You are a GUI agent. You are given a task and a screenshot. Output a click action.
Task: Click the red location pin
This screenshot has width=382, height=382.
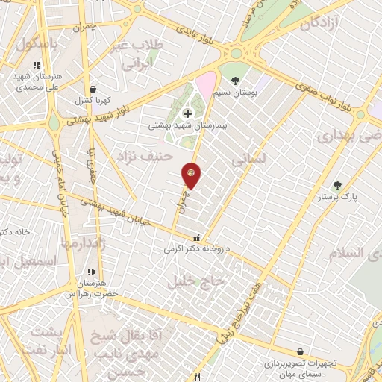[x=192, y=175]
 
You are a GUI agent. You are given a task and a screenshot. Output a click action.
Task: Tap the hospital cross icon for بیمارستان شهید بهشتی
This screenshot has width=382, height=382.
[x=187, y=113]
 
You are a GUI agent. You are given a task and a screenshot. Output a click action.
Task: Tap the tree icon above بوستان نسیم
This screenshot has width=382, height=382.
[x=236, y=80]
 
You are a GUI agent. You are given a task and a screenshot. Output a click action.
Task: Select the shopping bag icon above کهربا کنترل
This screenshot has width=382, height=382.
[x=91, y=90]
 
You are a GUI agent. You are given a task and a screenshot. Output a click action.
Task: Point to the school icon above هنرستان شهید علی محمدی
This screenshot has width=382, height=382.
[x=37, y=65]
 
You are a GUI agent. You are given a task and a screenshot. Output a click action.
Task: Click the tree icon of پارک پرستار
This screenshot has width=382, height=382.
[x=337, y=185]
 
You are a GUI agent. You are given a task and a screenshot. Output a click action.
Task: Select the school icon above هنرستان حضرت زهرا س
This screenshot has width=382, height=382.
[x=91, y=272]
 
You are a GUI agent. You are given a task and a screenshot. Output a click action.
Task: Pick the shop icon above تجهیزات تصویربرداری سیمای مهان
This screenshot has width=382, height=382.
[x=300, y=351]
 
